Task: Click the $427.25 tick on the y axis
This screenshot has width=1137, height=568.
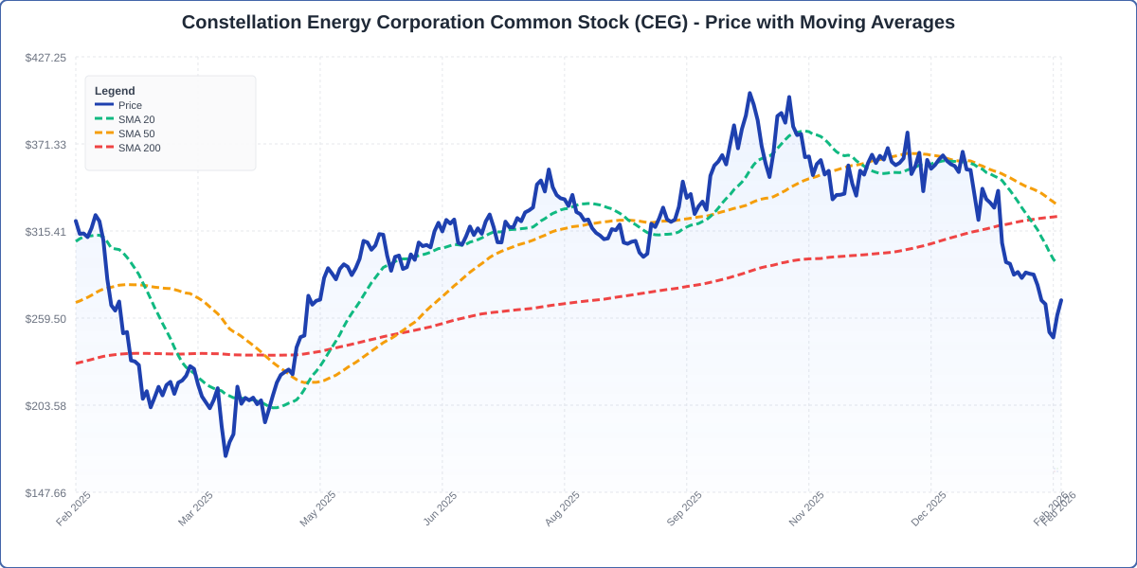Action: point(45,58)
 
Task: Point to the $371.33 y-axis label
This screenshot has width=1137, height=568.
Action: point(45,145)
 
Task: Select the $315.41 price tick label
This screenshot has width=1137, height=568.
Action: point(45,232)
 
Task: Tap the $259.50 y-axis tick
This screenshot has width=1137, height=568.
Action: point(45,319)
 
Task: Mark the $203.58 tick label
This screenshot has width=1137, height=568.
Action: point(45,406)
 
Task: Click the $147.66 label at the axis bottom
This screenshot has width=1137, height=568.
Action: point(45,493)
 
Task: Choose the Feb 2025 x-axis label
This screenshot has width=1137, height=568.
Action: point(74,508)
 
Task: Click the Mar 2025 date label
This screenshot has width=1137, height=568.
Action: point(196,508)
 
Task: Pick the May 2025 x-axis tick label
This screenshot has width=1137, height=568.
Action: point(318,508)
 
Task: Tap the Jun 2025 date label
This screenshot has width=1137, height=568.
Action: point(441,508)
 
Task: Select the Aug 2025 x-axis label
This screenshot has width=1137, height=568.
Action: point(563,508)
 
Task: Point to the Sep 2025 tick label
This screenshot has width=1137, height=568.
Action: point(685,508)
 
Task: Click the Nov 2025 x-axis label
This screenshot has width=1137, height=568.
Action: point(807,508)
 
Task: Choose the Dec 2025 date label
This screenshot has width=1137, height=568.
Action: point(929,508)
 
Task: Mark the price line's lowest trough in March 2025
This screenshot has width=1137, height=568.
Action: point(226,455)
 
